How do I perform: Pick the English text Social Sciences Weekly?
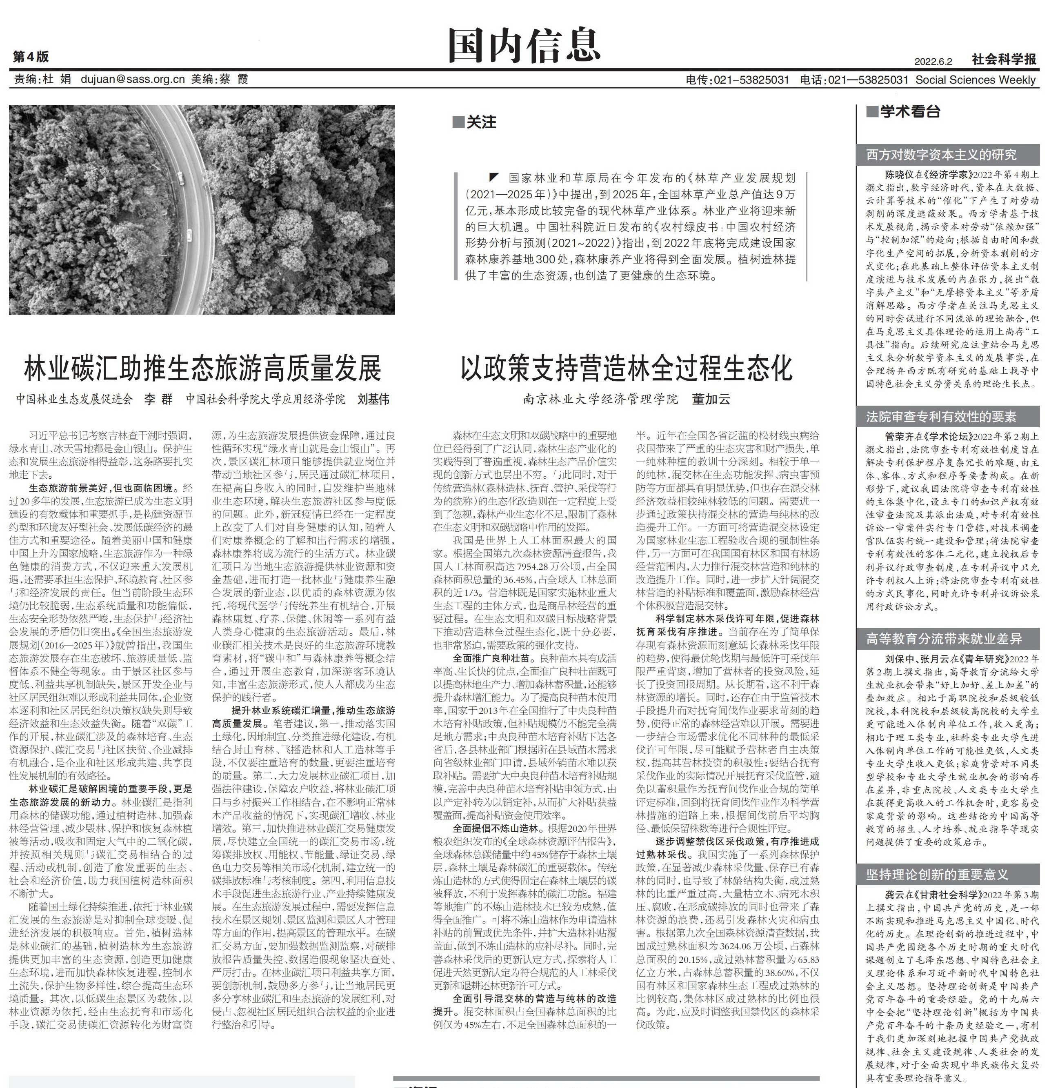point(975,80)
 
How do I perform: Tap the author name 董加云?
point(710,399)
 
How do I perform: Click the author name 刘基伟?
point(373,399)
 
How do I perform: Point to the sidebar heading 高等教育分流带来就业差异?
point(944,639)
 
